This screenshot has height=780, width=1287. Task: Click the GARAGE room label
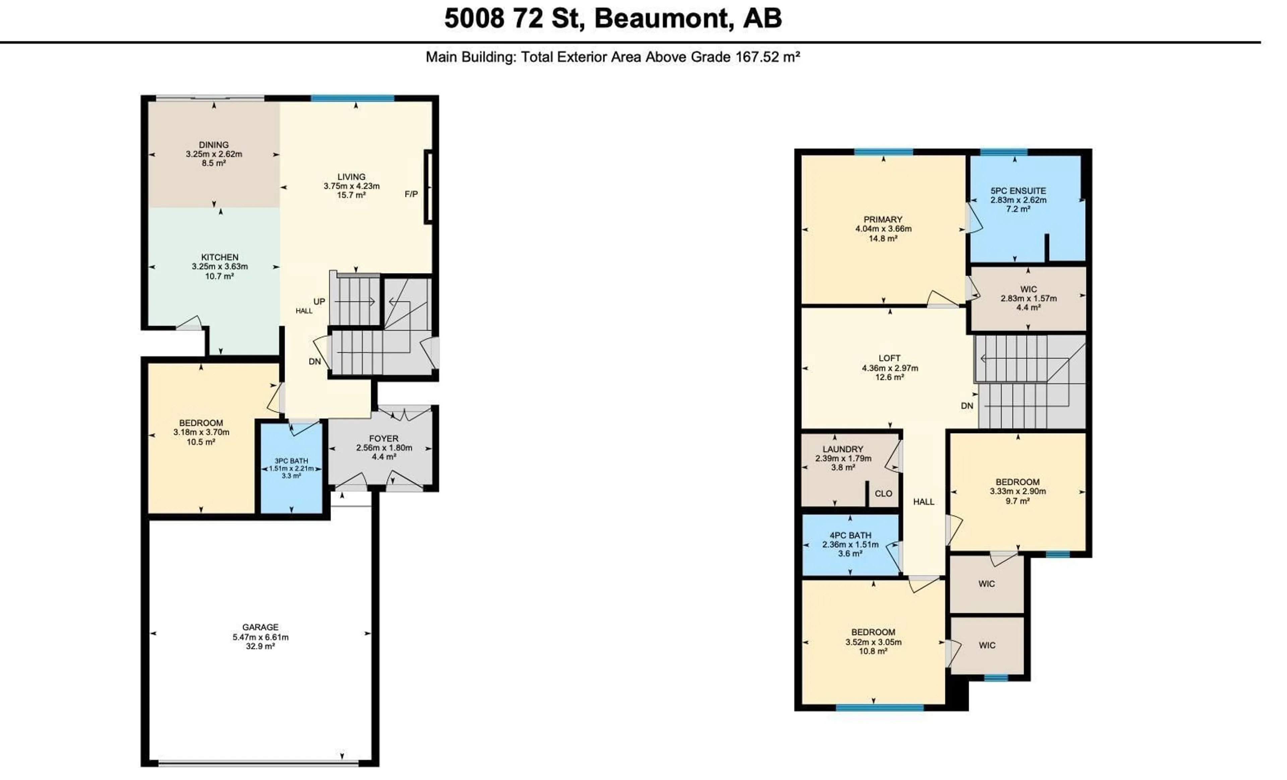coord(260,627)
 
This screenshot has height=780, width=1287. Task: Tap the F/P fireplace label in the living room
coord(411,194)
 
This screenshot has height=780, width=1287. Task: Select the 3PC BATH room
coord(292,469)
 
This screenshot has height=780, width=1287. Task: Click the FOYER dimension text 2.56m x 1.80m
coord(384,448)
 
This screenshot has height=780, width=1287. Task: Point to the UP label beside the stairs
coord(319,301)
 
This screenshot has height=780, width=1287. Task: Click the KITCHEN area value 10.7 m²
coord(220,276)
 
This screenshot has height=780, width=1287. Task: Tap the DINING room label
coord(213,145)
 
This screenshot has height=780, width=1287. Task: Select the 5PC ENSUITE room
coord(1018,199)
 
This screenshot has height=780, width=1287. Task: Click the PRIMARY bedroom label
coord(883,220)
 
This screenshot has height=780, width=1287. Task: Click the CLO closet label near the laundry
coord(883,494)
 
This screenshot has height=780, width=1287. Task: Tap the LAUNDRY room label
coord(843,449)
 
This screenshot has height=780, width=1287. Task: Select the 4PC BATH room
coord(850,544)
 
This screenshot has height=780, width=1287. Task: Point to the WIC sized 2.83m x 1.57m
coord(1028,298)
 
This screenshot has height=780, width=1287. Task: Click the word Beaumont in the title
coord(660,18)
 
